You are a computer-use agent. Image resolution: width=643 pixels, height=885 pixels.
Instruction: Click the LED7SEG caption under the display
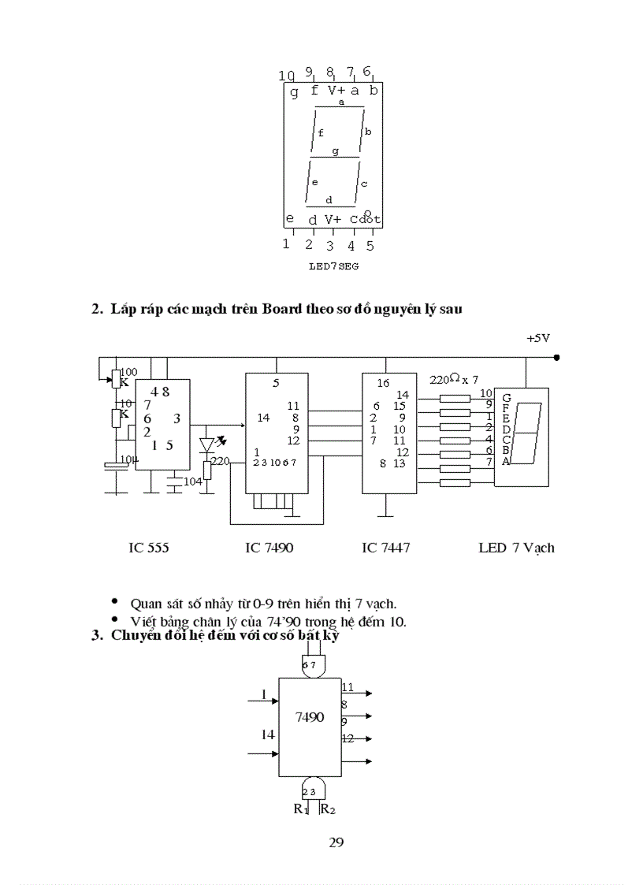tap(333, 266)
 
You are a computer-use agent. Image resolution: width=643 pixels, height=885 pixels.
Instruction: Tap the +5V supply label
tap(538, 338)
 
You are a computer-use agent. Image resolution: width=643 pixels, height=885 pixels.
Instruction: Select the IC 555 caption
tap(149, 547)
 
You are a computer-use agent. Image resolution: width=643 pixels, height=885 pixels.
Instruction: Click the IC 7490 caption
tap(269, 547)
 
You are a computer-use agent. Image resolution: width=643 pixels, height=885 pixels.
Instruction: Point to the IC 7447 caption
tap(386, 547)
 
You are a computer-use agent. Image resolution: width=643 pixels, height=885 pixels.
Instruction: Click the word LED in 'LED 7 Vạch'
tap(492, 547)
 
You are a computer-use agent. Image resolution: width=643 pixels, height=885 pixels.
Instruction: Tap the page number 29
tap(336, 842)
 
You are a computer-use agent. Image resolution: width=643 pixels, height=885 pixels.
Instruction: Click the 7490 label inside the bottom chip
tap(310, 717)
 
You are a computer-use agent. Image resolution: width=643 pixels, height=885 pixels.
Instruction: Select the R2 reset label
tap(329, 809)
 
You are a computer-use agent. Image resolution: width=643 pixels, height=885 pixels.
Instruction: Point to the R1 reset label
tap(301, 809)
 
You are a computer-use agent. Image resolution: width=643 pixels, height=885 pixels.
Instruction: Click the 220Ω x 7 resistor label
tap(454, 379)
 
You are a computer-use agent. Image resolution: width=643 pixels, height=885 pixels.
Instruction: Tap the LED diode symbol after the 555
tap(208, 444)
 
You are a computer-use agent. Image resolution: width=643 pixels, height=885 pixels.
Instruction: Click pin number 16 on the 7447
tap(384, 384)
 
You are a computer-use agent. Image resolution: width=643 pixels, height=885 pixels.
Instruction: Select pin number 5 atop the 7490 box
tap(276, 384)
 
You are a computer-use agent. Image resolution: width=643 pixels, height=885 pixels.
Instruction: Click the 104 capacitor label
tap(192, 481)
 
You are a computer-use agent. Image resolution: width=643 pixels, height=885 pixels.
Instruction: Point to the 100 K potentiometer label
tap(126, 377)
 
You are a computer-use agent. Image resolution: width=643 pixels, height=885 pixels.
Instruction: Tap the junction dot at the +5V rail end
tap(557, 357)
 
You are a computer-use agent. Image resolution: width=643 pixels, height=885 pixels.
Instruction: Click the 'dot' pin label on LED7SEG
tap(370, 219)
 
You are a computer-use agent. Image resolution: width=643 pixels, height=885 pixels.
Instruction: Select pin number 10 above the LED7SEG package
tap(287, 76)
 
